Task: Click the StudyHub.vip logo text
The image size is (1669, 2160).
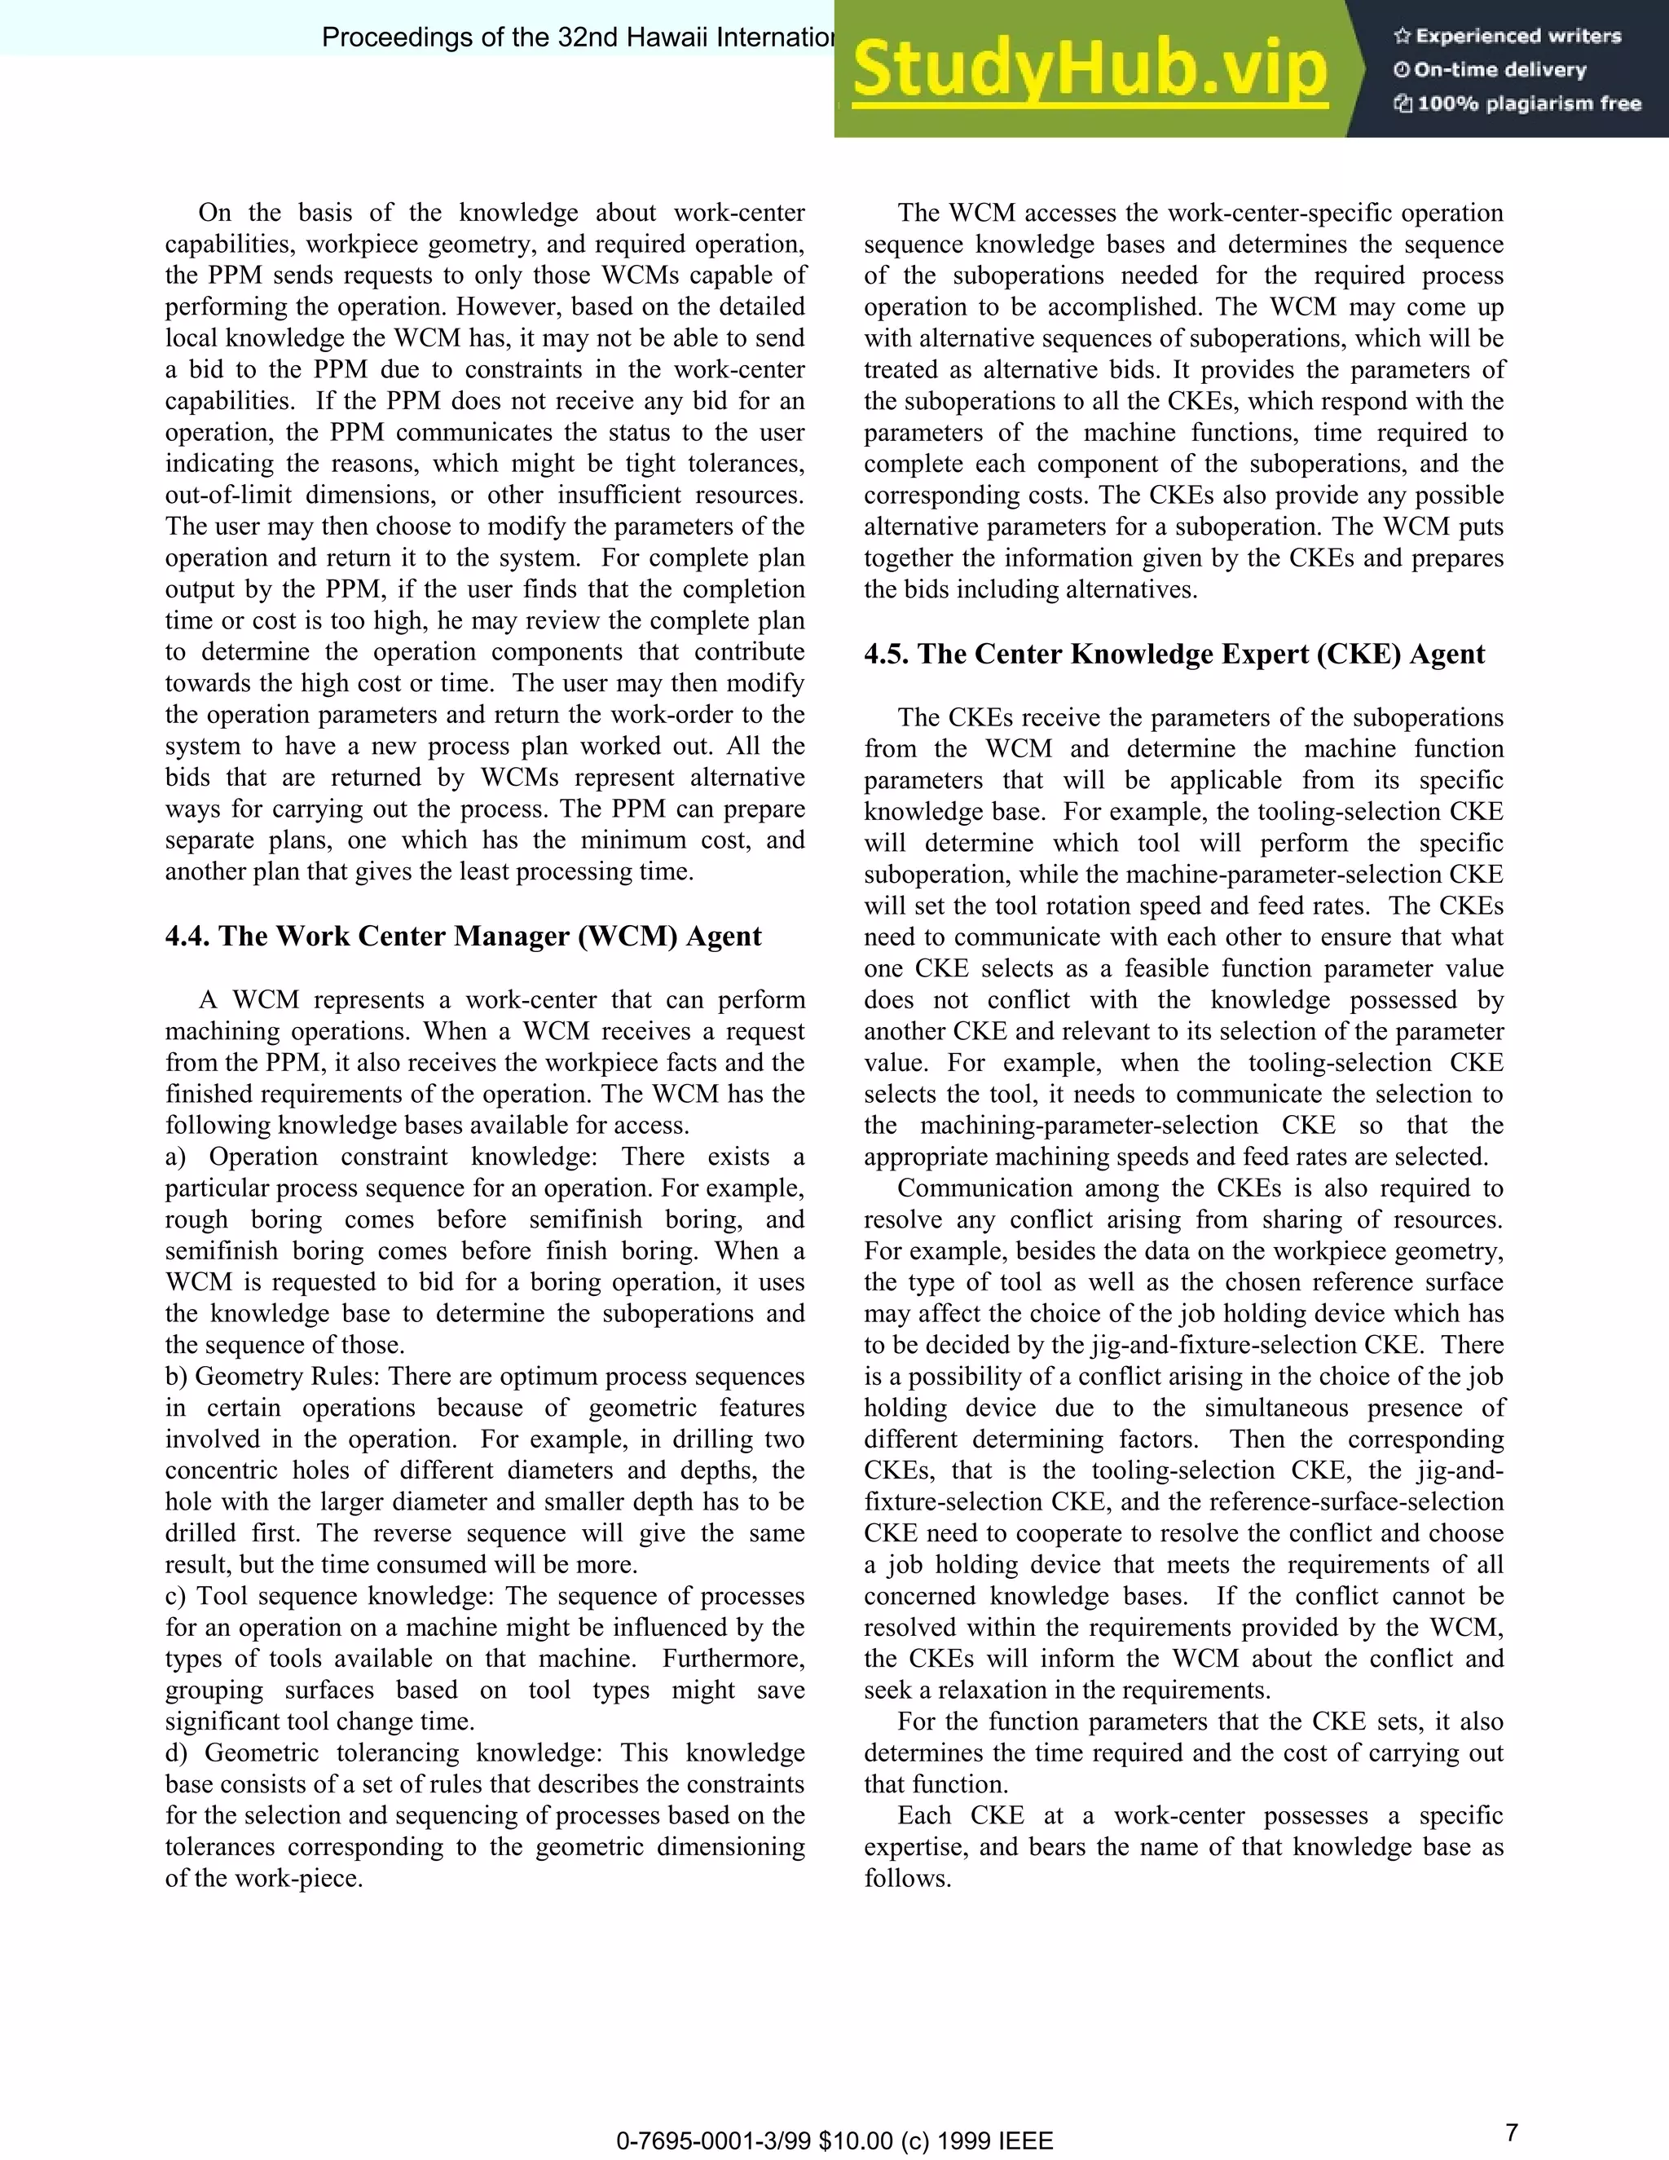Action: (x=1089, y=69)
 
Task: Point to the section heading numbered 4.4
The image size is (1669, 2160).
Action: (x=463, y=936)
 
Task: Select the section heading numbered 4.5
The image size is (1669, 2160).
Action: (x=1174, y=654)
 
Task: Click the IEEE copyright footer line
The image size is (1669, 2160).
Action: (x=834, y=2141)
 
